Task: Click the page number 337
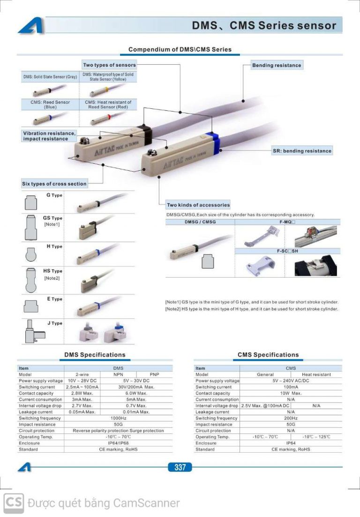click(180, 467)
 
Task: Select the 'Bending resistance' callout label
click(277, 65)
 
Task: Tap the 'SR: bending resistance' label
click(302, 151)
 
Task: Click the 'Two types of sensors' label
click(109, 65)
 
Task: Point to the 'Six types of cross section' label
click(54, 184)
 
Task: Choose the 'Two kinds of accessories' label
click(198, 205)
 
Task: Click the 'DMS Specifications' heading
click(95, 355)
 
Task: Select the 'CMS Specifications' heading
click(268, 355)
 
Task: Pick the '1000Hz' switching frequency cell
click(118, 418)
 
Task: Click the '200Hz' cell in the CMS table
click(291, 418)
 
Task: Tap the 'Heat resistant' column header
click(316, 374)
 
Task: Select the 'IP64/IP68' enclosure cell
click(118, 443)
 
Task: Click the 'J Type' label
click(54, 323)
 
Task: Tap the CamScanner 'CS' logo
click(14, 503)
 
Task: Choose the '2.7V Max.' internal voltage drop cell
click(82, 405)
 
